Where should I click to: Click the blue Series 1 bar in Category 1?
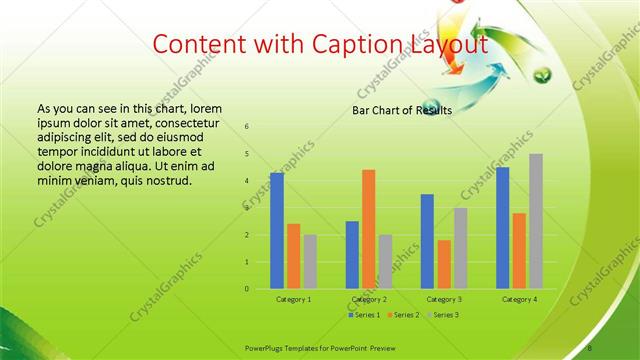coord(276,231)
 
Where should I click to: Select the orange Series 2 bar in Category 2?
coord(369,229)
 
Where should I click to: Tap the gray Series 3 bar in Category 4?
coord(536,221)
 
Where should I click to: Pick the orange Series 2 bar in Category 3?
coord(444,264)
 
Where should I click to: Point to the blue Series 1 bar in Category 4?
coord(502,228)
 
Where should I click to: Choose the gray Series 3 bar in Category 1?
coord(310,262)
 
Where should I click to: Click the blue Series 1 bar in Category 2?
coord(352,255)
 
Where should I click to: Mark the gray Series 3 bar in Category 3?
coord(460,248)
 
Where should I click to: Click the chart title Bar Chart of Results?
coord(402,110)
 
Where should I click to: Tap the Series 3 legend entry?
coord(444,315)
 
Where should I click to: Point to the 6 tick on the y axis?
coord(247,127)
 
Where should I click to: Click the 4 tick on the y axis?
coord(247,181)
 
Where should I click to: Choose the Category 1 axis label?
coord(293,299)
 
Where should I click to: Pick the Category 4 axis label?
coord(519,299)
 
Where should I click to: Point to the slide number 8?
coord(591,348)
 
